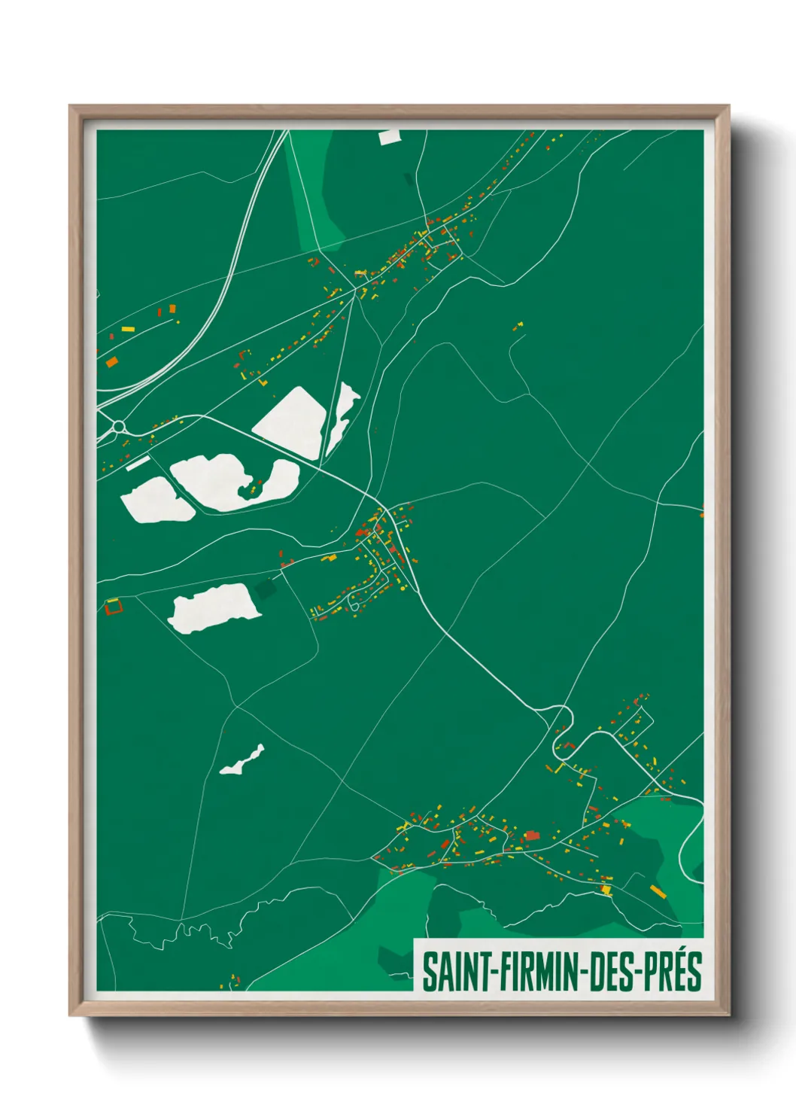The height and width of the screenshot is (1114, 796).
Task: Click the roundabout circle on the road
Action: pyautogui.click(x=118, y=427)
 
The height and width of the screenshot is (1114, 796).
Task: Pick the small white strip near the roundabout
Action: pyautogui.click(x=138, y=463)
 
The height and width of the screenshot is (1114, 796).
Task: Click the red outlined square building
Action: pyautogui.click(x=113, y=606)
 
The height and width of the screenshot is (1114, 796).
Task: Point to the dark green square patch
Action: pyautogui.click(x=265, y=589)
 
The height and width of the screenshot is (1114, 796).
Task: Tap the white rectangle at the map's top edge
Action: pyautogui.click(x=390, y=136)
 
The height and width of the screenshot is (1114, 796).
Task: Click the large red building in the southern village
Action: pyautogui.click(x=532, y=835)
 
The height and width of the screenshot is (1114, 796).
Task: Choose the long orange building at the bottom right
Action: pyautogui.click(x=658, y=892)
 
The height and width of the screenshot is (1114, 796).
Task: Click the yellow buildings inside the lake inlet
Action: pyautogui.click(x=254, y=489)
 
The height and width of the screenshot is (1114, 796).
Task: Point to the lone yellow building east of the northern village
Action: pyautogui.click(x=518, y=327)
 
